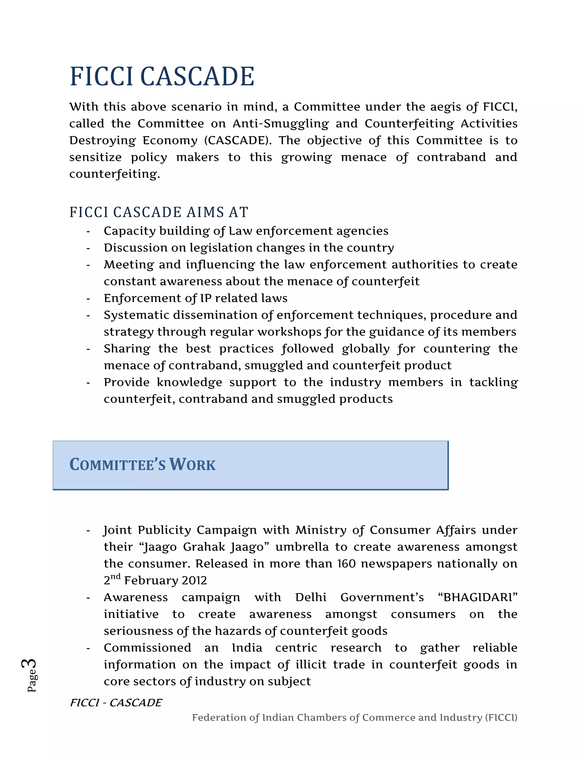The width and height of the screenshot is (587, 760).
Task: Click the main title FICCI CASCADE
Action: tap(162, 77)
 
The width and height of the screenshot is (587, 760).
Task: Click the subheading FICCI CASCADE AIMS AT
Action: tap(159, 212)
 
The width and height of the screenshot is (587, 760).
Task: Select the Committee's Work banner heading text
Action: tap(142, 465)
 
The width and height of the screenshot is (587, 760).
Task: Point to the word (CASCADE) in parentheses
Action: tap(236, 141)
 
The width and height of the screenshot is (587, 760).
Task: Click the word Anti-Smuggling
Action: tap(280, 124)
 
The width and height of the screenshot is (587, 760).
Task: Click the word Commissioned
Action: tap(147, 648)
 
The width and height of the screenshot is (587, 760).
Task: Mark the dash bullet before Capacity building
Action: tap(88, 231)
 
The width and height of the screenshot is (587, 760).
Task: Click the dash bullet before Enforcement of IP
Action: tap(88, 299)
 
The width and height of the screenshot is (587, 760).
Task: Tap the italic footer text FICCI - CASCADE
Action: tap(116, 703)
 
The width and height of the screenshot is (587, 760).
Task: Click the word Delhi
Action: tap(310, 597)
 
